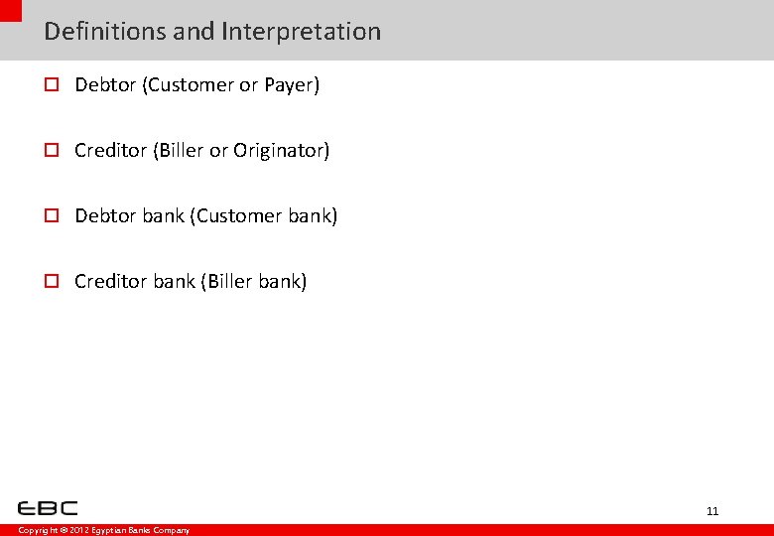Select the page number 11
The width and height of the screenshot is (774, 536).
click(712, 511)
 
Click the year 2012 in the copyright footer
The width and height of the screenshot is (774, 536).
click(79, 531)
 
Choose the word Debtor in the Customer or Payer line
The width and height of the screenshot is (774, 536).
click(105, 85)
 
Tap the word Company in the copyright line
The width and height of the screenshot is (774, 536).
click(171, 531)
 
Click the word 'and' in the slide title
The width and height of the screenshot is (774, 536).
click(193, 32)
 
